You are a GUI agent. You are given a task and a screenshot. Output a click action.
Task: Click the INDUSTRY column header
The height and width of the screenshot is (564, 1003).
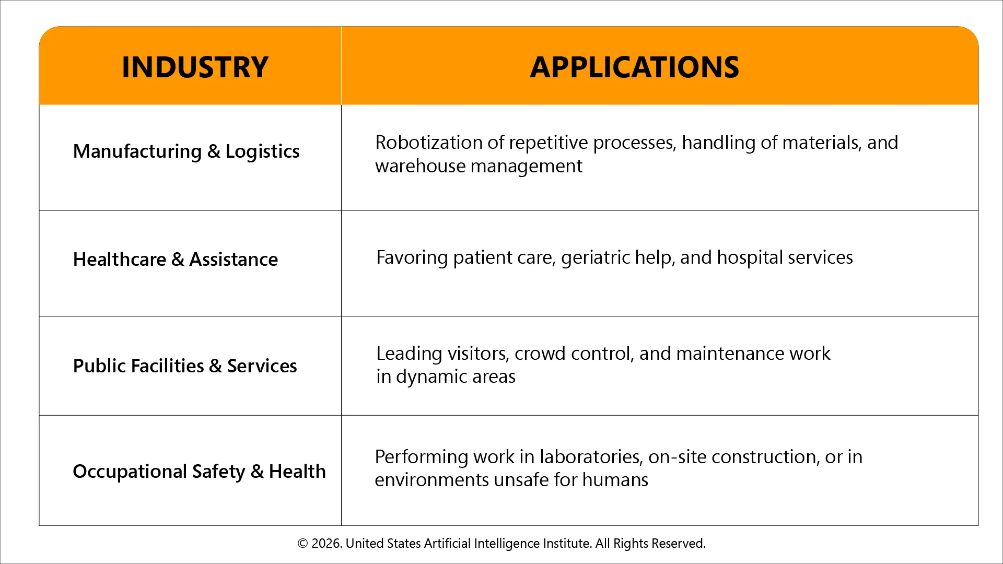pyautogui.click(x=195, y=67)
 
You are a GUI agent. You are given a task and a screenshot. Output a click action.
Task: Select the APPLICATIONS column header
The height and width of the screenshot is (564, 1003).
pyautogui.click(x=634, y=67)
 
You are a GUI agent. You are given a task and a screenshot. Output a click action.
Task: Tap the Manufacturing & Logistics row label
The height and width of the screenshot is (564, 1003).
pyautogui.click(x=186, y=151)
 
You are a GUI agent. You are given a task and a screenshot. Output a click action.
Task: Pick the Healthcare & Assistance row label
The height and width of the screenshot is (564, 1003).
pyautogui.click(x=175, y=260)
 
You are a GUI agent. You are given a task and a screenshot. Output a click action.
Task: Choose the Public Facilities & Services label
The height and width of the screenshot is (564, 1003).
pyautogui.click(x=184, y=366)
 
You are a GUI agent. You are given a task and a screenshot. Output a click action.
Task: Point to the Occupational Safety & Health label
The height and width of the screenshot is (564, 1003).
pyautogui.click(x=199, y=472)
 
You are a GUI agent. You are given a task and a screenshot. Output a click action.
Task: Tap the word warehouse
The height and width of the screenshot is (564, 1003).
pyautogui.click(x=420, y=166)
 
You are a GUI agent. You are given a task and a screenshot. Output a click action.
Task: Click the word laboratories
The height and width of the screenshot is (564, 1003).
pyautogui.click(x=590, y=457)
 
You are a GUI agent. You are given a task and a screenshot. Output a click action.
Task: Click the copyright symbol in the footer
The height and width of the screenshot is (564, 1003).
pyautogui.click(x=302, y=544)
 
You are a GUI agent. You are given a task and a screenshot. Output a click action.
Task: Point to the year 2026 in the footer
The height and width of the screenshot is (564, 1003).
pyautogui.click(x=326, y=544)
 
